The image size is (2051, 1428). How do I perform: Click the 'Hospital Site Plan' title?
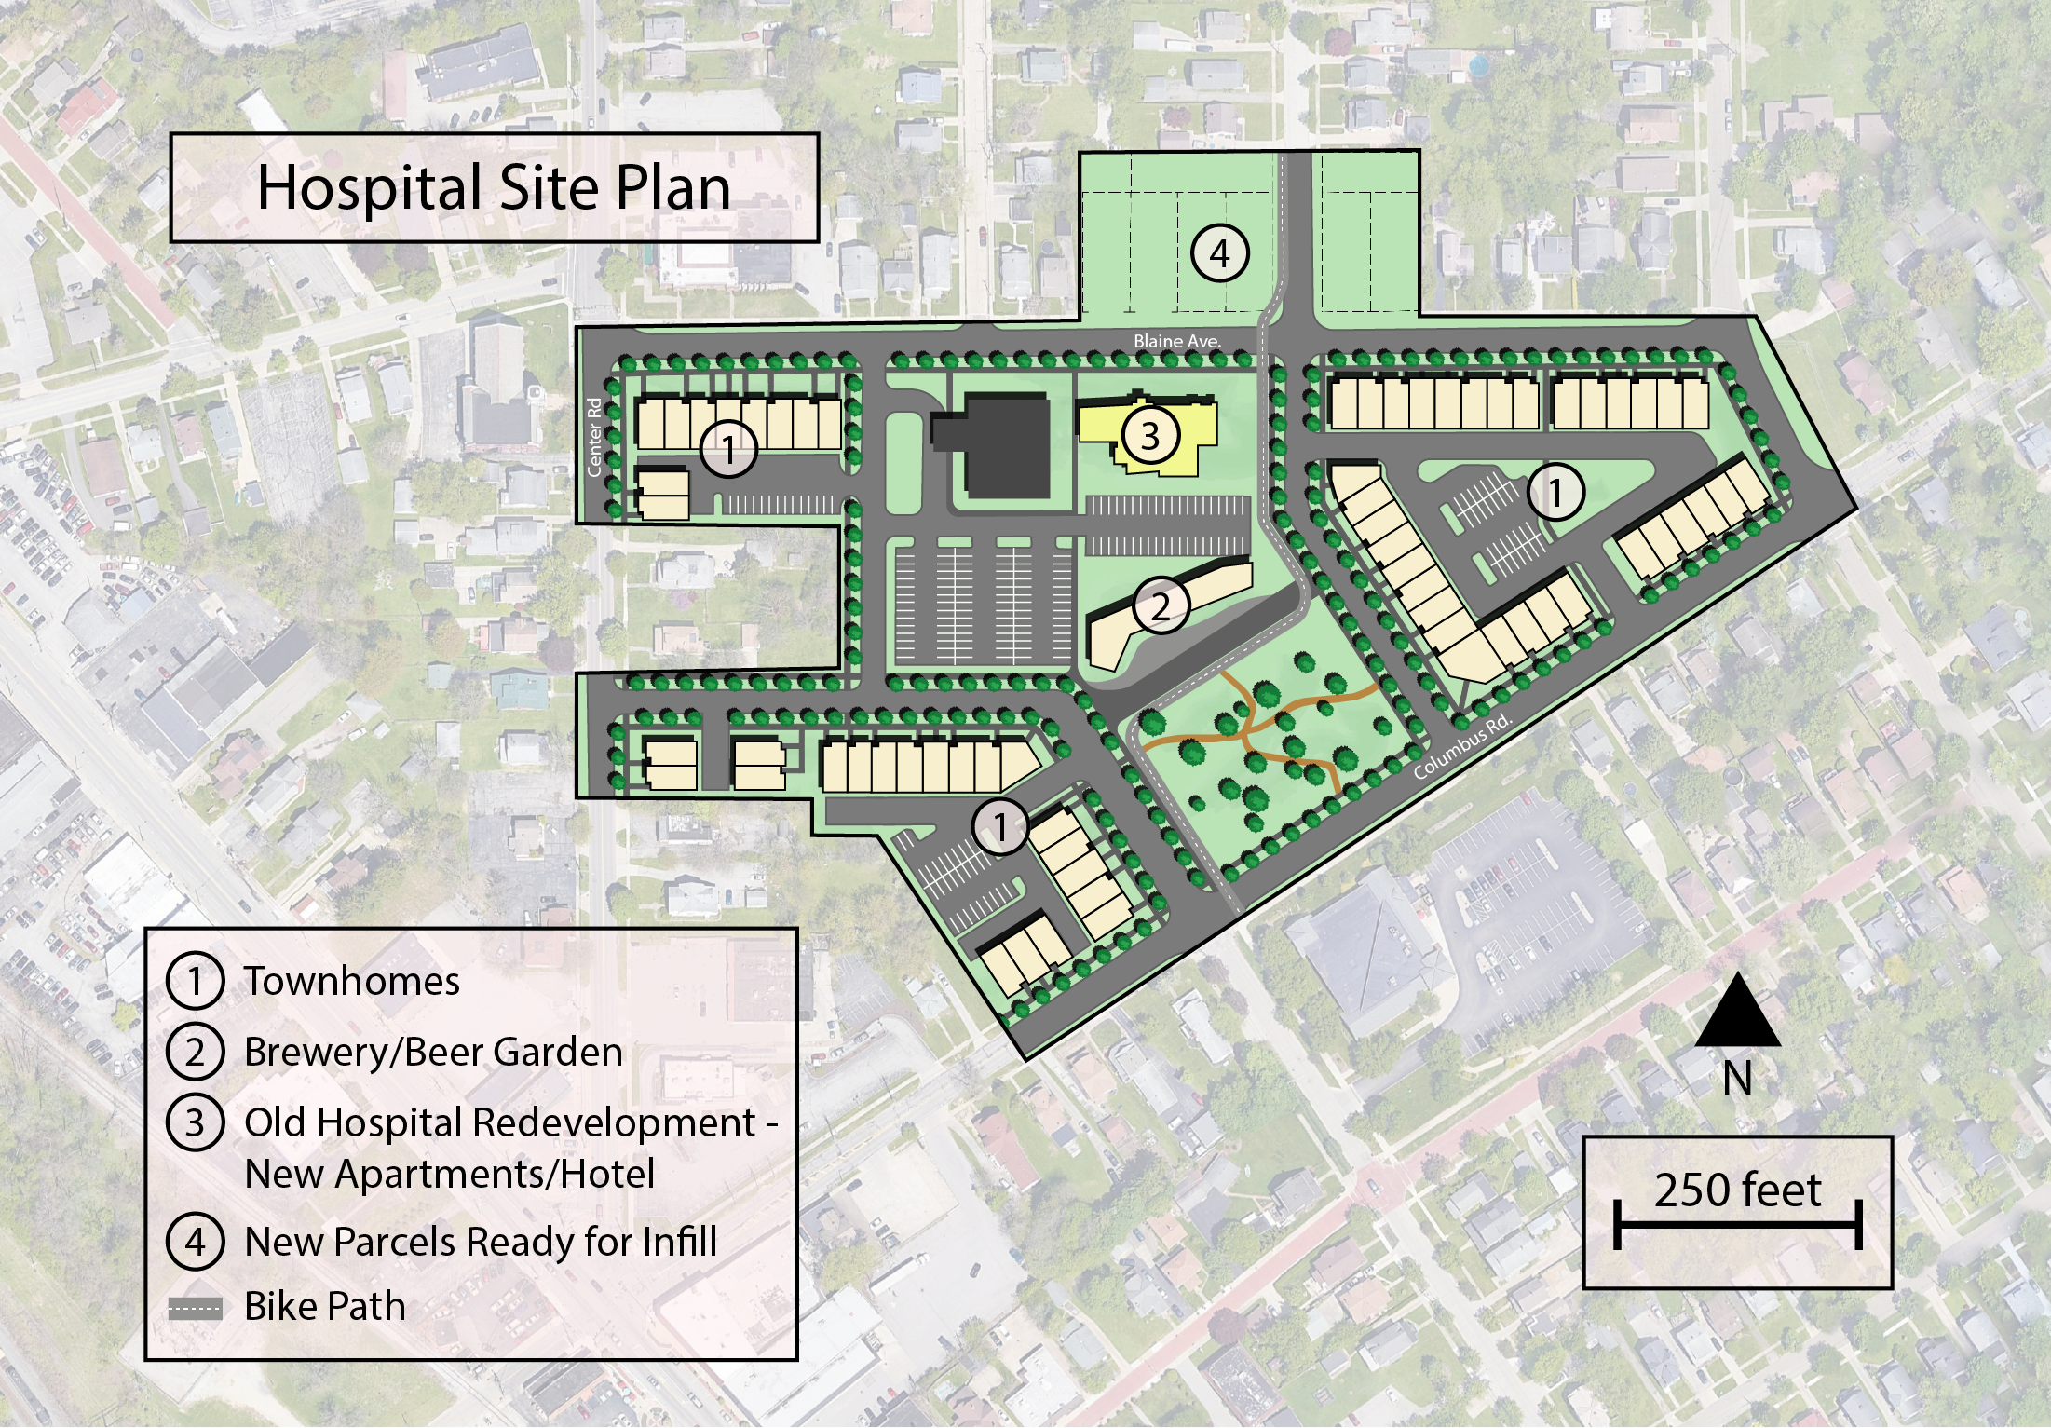[494, 188]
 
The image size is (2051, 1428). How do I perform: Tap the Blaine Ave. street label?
[1176, 342]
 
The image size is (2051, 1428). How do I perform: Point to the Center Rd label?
[594, 437]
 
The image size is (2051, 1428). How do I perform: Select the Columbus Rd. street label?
[1460, 747]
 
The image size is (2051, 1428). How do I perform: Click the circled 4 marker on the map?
[1219, 252]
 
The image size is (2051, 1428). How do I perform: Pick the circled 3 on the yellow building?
[1149, 435]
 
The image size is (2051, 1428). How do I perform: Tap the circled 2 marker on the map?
[1160, 606]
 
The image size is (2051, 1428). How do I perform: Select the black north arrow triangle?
[1737, 1013]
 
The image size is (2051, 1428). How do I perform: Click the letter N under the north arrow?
[1737, 1079]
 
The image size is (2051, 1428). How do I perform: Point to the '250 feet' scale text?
[1737, 1190]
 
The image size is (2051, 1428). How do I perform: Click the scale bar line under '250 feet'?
[1737, 1225]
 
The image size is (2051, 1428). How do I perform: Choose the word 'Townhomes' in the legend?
[352, 981]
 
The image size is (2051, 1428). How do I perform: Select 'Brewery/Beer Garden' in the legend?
[433, 1052]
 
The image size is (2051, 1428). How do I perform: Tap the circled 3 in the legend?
[195, 1122]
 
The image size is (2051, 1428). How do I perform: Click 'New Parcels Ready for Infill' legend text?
[481, 1242]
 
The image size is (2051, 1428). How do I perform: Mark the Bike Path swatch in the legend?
[196, 1308]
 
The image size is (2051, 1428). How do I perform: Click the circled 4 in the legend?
[195, 1242]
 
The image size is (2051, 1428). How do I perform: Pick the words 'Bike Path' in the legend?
[324, 1306]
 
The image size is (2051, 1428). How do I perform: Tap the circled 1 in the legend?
[195, 981]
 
